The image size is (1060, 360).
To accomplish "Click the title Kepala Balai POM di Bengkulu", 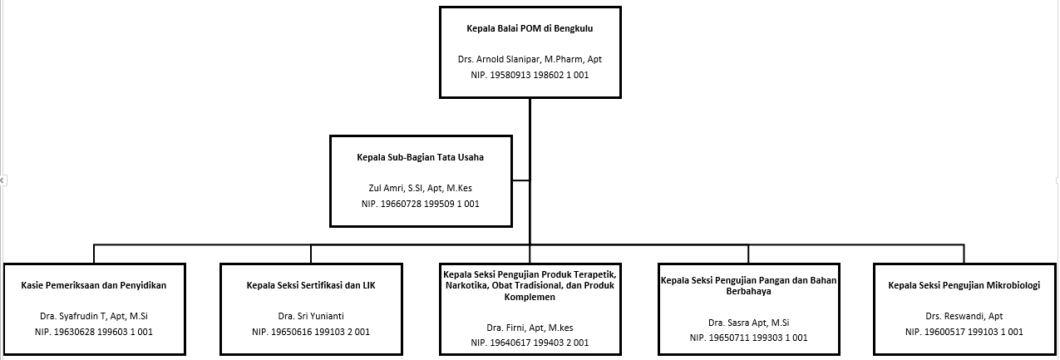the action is point(530,28).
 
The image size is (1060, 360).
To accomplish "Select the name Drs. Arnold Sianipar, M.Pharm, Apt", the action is point(530,59).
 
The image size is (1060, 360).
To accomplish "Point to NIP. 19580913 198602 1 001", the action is point(530,75).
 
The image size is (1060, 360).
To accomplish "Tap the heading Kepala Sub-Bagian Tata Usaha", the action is point(420,157).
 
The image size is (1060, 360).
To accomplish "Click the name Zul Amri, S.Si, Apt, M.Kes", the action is point(420,188).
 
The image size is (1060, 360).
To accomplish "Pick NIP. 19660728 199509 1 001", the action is point(420,204).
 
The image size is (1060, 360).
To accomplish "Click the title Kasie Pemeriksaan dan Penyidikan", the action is point(94,285).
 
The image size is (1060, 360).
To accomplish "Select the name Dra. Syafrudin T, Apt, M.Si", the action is point(94,316).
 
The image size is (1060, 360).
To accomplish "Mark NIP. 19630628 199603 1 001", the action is point(94,332).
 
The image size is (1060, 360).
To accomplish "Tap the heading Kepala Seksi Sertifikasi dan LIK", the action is point(311,285).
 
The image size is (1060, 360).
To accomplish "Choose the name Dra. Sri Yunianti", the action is point(311,316).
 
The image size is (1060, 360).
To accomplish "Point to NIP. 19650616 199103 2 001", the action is point(311,332).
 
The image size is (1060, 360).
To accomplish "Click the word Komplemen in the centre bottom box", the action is point(530,297).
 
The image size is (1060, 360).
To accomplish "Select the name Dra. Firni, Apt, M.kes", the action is point(530,328).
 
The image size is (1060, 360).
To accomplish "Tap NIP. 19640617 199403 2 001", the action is point(530,343).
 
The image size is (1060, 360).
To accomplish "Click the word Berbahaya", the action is point(748,291).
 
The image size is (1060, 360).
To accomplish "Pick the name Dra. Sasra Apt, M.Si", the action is point(748,323).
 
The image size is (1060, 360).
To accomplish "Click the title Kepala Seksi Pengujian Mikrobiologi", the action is point(964,285).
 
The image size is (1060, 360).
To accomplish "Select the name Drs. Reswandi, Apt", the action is point(964,316).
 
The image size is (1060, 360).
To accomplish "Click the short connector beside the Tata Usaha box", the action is point(520,180).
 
